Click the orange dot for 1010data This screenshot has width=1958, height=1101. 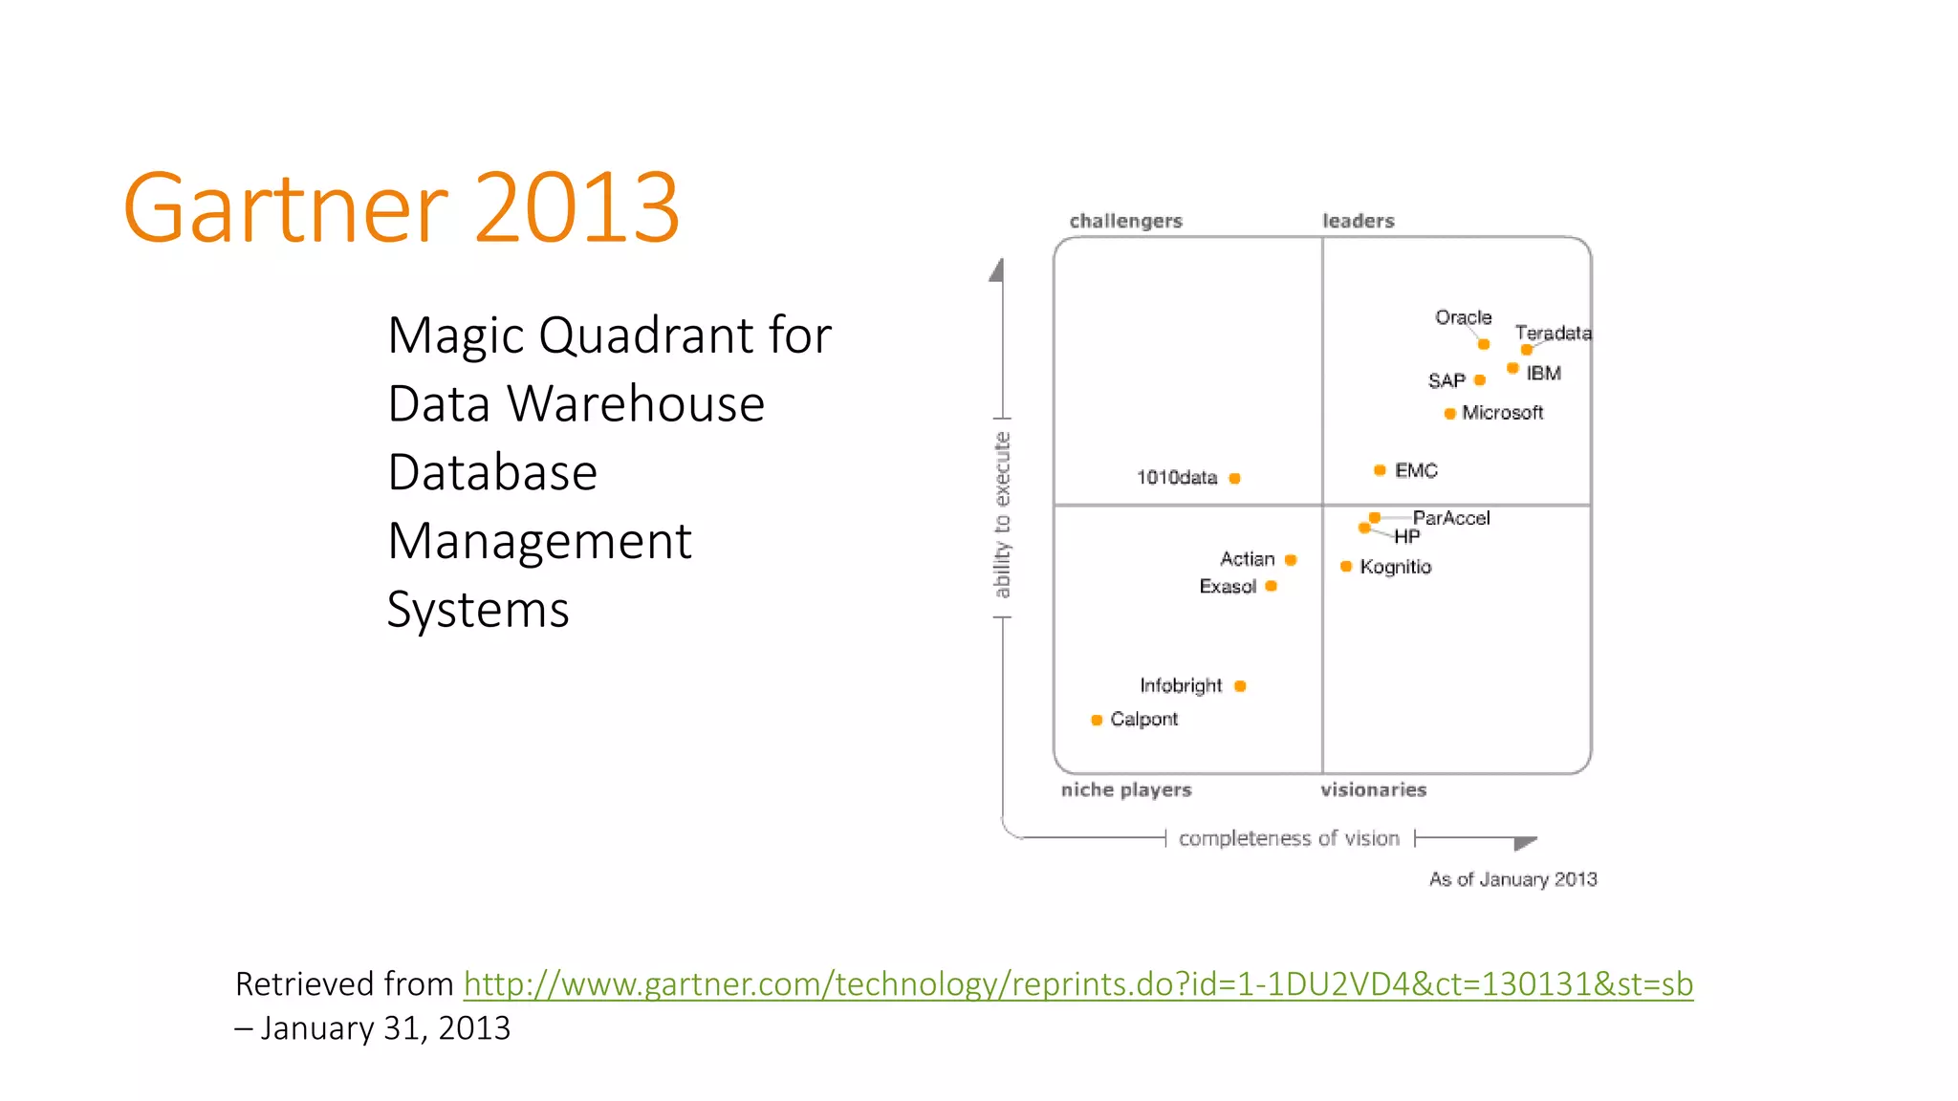coord(1234,478)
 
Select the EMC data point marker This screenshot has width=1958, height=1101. coord(1380,470)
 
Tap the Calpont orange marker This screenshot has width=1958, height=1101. coord(1097,720)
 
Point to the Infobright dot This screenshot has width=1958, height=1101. coord(1240,686)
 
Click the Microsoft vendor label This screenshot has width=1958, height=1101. coord(1502,413)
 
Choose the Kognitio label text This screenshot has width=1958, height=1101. coord(1395,567)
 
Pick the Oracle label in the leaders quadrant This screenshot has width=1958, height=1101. coord(1463,317)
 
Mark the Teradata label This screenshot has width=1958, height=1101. coord(1553,333)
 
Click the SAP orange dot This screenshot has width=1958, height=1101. coord(1480,380)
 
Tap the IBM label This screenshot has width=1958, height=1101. coord(1543,374)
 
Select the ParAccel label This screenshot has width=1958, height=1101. coord(1451,518)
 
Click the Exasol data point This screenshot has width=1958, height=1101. coord(1271,586)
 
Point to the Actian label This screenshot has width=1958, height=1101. coord(1247,559)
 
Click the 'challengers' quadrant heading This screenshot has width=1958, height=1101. coord(1125,221)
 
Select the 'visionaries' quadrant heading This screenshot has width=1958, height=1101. coord(1373,789)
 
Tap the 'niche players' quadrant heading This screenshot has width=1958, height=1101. coord(1126,789)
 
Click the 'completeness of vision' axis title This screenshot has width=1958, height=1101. coord(1289,838)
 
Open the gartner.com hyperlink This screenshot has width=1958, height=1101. coord(1077,983)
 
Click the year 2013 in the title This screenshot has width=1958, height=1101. coord(577,207)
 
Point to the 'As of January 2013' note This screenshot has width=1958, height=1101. coord(1512,879)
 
